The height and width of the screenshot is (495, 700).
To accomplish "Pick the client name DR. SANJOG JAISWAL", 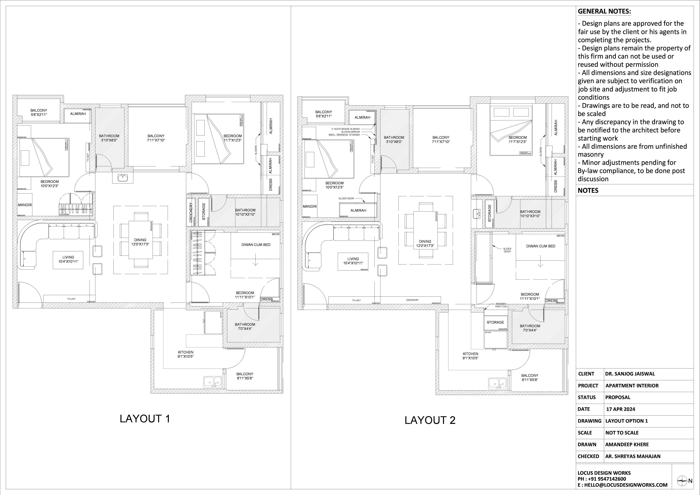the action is tap(630, 374).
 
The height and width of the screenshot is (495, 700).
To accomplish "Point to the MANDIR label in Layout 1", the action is tap(25, 205).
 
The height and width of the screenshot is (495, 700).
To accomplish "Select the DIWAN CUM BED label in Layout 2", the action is tap(540, 246).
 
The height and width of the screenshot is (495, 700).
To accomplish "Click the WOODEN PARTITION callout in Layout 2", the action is tap(501, 305).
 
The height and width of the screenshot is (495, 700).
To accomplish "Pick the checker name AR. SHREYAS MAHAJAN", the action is tap(633, 456).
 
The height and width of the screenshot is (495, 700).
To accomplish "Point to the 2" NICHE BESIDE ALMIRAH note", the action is tap(345, 129).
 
